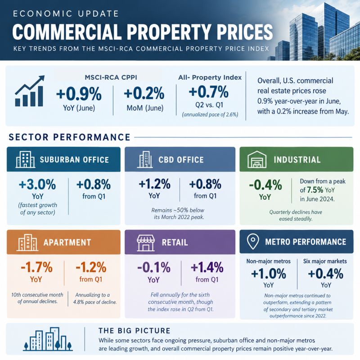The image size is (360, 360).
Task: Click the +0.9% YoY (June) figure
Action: click(79, 94)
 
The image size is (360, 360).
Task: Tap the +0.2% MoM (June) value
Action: click(144, 93)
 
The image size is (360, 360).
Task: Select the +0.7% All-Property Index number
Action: click(209, 92)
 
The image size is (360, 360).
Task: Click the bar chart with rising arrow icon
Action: click(29, 91)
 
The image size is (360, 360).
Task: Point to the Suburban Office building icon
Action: click(25, 159)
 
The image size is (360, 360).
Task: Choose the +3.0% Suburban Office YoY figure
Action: click(37, 184)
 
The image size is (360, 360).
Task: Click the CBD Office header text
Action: click(181, 160)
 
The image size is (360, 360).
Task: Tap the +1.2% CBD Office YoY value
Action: click(154, 184)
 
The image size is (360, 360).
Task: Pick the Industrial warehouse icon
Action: click(257, 159)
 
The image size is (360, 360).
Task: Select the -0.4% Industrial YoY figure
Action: click(265, 185)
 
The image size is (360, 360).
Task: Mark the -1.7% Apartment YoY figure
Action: click(37, 267)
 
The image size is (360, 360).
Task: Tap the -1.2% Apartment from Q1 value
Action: click(91, 267)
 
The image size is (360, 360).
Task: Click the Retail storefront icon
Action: click(146, 243)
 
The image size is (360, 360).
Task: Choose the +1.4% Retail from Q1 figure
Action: click(207, 267)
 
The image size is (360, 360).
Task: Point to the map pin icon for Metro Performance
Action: click(253, 242)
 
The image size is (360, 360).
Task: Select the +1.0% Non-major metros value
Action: click(269, 274)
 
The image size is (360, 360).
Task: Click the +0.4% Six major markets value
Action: click(325, 274)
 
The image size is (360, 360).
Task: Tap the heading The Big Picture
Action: click(135, 331)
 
